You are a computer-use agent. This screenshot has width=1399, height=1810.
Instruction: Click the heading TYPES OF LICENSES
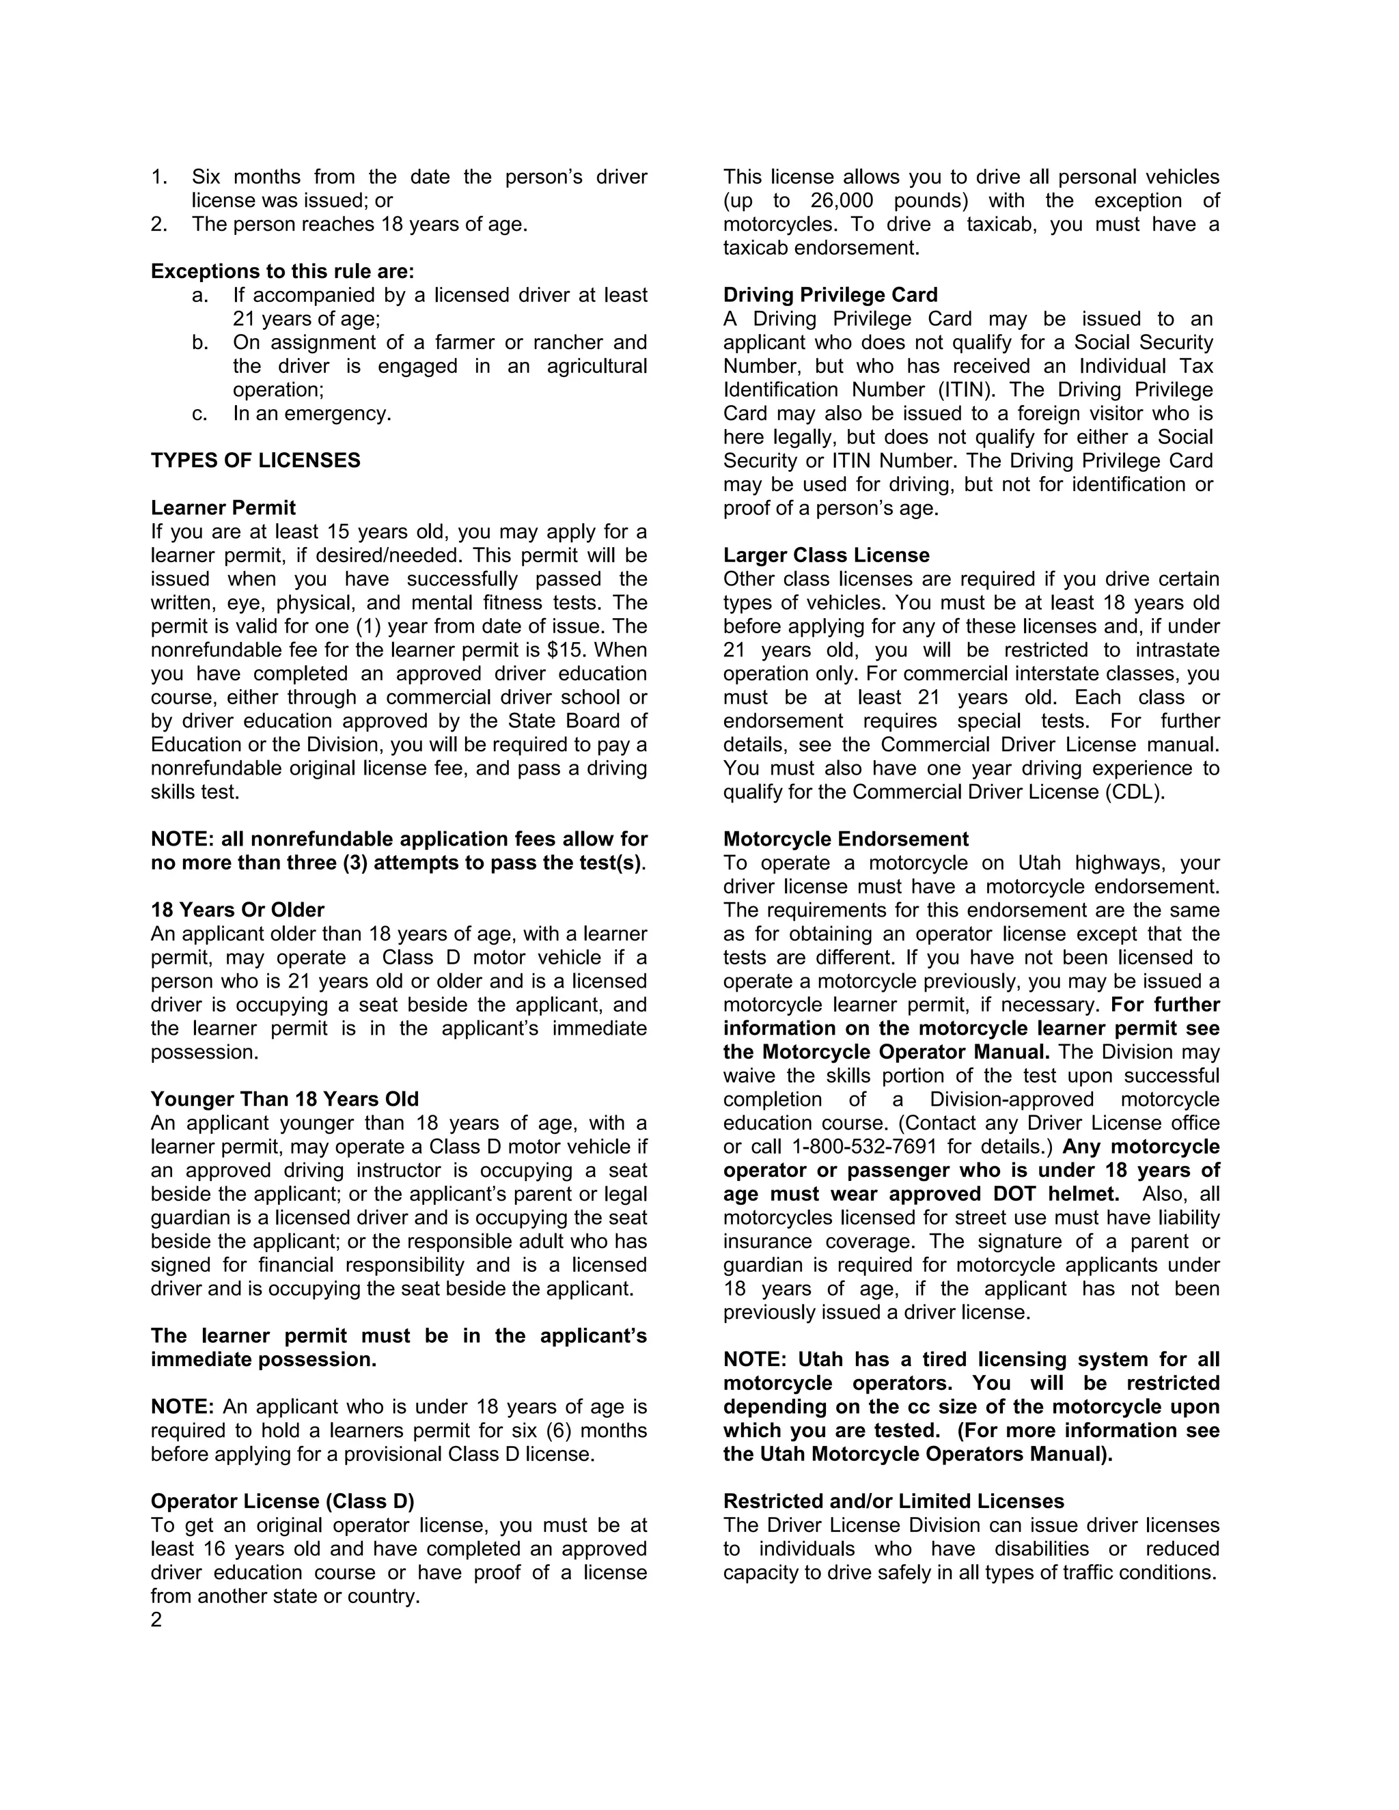coord(255,461)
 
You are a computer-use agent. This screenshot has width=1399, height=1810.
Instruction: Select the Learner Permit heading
coord(223,508)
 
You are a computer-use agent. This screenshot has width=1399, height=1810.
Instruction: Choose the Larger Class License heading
coord(827,555)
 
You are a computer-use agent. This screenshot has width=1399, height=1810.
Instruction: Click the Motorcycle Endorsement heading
coord(846,839)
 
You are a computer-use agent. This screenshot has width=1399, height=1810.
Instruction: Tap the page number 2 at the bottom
coord(156,1620)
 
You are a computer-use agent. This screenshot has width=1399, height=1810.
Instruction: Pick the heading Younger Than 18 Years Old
coord(284,1100)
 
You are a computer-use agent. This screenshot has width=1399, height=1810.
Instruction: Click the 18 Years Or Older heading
coord(237,910)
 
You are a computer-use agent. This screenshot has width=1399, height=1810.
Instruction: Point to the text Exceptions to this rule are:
coord(283,272)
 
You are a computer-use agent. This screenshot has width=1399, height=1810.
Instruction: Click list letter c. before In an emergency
coord(199,413)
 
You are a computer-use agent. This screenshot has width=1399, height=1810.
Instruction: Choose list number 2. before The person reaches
coord(159,225)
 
